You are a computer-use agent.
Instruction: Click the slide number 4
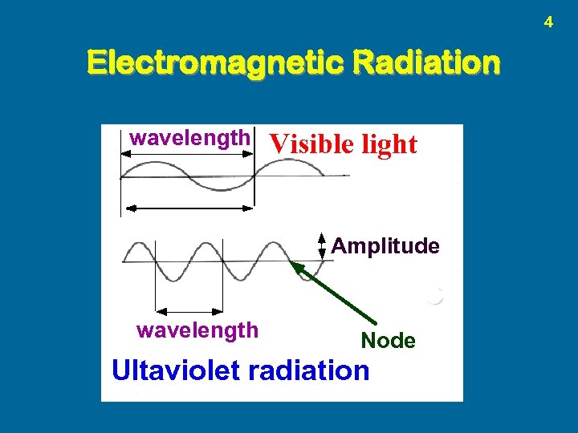point(548,22)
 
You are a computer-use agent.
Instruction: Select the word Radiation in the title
point(422,62)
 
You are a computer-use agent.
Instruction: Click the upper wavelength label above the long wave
point(189,138)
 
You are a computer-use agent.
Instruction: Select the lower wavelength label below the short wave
point(197,330)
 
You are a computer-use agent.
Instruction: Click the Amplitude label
point(385,246)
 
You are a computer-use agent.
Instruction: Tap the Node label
point(388,341)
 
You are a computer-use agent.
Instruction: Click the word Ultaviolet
point(177,370)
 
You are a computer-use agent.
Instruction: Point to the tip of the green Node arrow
point(294,265)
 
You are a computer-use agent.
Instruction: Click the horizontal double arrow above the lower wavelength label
point(189,310)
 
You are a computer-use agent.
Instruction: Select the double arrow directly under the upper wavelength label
point(186,155)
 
